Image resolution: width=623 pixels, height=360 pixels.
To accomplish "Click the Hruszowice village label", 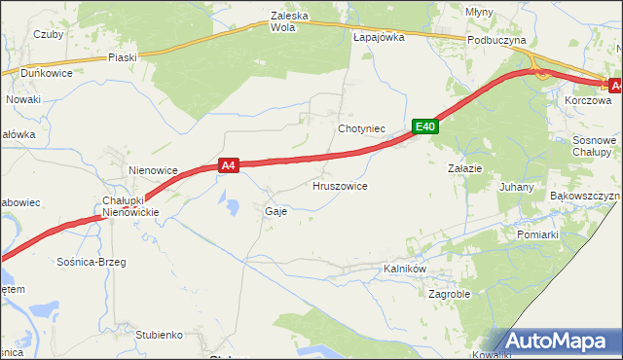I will (339, 185).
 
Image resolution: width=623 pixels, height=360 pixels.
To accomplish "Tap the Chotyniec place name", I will (362, 128).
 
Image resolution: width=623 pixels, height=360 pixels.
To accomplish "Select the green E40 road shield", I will (424, 126).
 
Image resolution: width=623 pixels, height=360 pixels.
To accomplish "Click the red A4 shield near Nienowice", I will (229, 166).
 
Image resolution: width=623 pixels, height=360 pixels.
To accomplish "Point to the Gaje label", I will (275, 210).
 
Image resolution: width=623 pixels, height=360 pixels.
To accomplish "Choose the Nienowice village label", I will (153, 170).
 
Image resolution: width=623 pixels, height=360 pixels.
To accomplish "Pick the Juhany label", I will (516, 186).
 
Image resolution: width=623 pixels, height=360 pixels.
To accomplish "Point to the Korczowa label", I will (587, 100).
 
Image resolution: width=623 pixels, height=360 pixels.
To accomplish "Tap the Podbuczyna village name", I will (496, 40).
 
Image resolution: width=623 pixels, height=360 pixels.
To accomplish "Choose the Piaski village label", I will (123, 57).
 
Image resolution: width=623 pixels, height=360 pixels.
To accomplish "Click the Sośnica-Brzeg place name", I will (92, 262).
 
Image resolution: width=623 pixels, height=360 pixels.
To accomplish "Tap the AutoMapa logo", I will (559, 341).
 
